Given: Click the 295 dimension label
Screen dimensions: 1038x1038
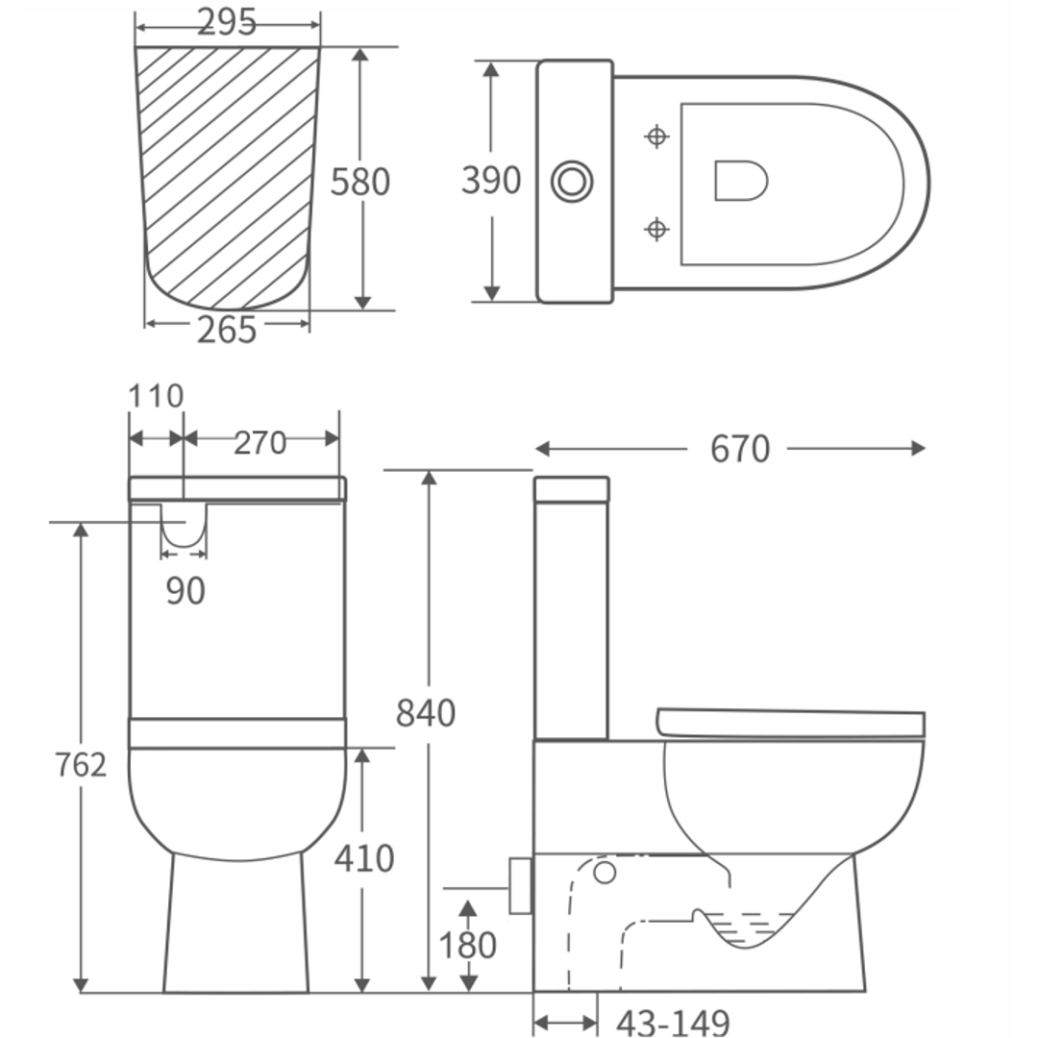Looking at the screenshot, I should (x=228, y=22).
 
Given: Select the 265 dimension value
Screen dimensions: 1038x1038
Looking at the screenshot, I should (x=228, y=330).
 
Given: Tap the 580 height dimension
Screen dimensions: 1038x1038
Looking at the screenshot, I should (x=360, y=182).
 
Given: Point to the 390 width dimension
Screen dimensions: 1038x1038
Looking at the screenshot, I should (x=491, y=180).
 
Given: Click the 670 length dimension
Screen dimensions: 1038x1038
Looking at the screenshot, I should (x=740, y=449).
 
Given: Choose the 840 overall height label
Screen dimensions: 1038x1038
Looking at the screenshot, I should (x=426, y=713).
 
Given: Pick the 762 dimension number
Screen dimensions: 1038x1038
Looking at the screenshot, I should (x=81, y=765).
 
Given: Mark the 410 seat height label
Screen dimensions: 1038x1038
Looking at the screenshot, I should (x=364, y=858).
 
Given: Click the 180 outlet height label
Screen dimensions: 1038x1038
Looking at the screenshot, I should (x=468, y=946).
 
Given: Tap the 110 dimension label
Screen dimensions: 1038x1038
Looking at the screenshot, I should (x=156, y=396).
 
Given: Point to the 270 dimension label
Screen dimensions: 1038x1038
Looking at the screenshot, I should (x=260, y=443).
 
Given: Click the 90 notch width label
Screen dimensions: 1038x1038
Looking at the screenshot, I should (x=185, y=591).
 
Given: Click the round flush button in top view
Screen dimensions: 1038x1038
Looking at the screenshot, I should (x=572, y=182).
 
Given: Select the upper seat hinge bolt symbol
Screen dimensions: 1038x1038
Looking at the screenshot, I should (x=656, y=136).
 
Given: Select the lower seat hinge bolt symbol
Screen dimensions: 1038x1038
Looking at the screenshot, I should (x=656, y=229).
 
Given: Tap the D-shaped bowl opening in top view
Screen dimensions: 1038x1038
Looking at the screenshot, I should (x=740, y=181).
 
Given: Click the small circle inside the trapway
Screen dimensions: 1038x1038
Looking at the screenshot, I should (x=605, y=873).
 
